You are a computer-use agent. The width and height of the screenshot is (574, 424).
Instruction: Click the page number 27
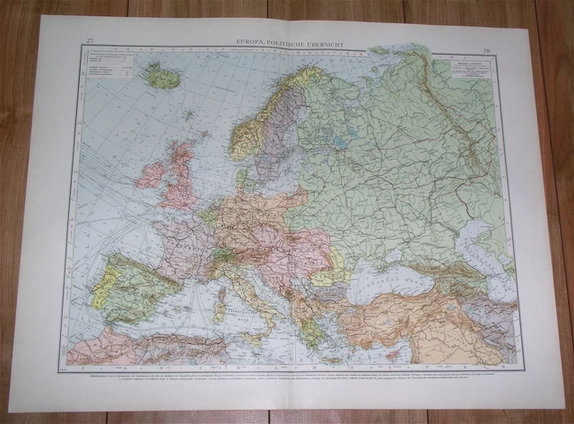pos(89,40)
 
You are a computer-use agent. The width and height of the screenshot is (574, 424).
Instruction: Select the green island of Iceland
pos(162,77)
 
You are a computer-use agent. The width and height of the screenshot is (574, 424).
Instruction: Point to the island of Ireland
pos(151,174)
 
